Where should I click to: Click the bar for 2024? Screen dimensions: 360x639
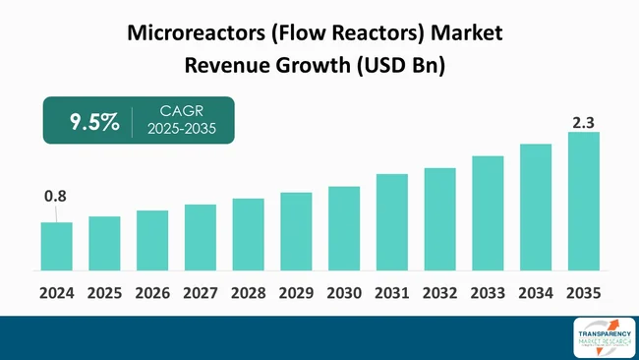(56, 246)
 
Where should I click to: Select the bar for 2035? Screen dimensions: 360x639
(584, 201)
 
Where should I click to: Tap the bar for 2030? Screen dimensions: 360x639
(344, 228)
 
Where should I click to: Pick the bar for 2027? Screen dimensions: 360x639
(201, 237)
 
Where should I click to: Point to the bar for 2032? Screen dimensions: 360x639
(440, 218)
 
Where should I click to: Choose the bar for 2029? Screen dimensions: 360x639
(296, 231)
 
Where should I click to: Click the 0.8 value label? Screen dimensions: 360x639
(55, 197)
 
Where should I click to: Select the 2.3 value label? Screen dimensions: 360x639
(584, 122)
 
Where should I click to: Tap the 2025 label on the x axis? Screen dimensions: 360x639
(104, 292)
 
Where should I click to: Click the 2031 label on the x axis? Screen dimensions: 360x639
(392, 292)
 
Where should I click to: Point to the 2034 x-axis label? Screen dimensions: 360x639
(536, 292)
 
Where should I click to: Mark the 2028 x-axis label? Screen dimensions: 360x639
(248, 292)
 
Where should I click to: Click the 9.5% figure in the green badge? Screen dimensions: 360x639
(94, 122)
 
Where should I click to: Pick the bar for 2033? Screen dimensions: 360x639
(488, 212)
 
